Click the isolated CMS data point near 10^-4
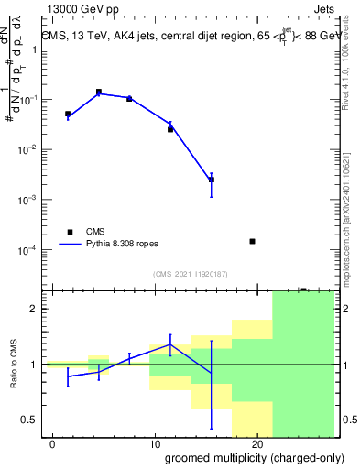point(252,241)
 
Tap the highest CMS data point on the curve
point(99,93)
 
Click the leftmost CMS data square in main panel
point(68,114)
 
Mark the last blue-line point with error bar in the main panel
point(212,180)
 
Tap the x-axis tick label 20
point(257,444)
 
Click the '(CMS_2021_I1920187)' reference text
point(190,273)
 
